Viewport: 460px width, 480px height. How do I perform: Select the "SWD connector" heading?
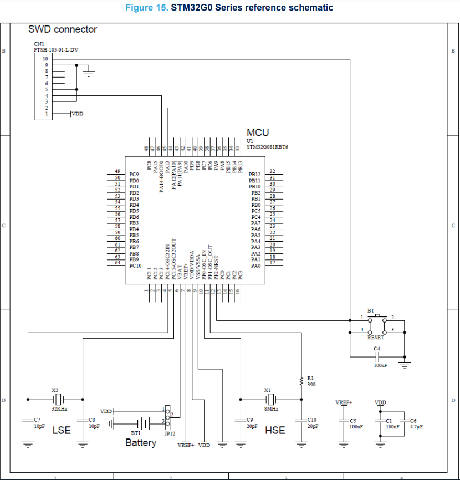pos(63,29)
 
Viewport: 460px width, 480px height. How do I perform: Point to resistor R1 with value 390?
pos(301,381)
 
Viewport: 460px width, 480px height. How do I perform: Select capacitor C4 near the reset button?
pos(377,355)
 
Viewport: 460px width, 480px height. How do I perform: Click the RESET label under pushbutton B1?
pos(375,337)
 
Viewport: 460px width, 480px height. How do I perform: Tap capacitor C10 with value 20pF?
pos(301,421)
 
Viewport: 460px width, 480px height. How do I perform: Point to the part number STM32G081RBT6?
pos(267,147)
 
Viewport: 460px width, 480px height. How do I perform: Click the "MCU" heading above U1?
pos(258,132)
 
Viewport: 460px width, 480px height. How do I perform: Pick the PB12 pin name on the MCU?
pos(255,175)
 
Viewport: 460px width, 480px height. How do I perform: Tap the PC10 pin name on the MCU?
pos(136,265)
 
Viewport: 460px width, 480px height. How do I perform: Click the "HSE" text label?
pos(275,430)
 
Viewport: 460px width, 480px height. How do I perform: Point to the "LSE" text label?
pos(62,430)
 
